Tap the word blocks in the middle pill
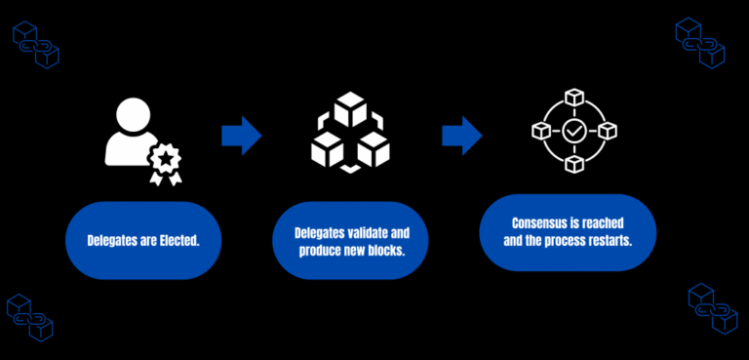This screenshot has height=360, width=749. click(386, 252)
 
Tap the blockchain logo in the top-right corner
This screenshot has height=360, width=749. click(700, 42)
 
